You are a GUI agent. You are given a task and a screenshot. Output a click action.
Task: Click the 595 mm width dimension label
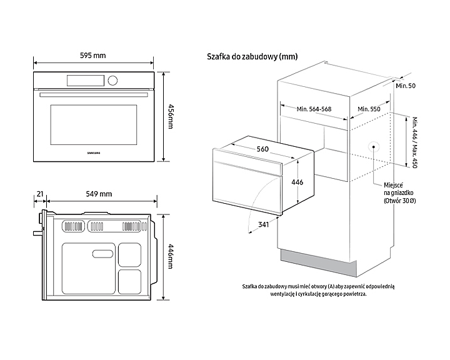click(x=93, y=56)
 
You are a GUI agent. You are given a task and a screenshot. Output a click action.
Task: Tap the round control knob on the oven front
click(x=112, y=80)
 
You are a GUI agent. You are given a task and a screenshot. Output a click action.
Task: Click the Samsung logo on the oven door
click(x=93, y=152)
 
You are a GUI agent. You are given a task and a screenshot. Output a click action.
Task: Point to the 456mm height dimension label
click(x=170, y=116)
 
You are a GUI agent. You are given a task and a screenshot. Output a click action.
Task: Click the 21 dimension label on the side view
click(x=40, y=194)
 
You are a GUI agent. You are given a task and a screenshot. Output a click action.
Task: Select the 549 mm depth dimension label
click(x=99, y=194)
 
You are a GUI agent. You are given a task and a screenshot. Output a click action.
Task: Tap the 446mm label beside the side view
click(x=170, y=258)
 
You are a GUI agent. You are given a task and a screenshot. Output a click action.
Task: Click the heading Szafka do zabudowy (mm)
click(x=252, y=56)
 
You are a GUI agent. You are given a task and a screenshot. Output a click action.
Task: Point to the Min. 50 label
click(x=406, y=85)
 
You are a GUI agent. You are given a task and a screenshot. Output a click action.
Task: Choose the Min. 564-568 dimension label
click(x=314, y=109)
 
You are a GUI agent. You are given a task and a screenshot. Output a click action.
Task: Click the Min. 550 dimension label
click(x=369, y=109)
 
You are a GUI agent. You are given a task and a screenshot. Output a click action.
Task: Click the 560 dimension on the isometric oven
click(x=262, y=149)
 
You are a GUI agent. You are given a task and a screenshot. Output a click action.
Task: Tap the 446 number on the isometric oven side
click(x=297, y=182)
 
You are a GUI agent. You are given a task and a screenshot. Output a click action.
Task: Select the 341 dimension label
click(x=264, y=224)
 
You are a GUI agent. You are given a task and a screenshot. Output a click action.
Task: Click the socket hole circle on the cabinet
click(x=374, y=147)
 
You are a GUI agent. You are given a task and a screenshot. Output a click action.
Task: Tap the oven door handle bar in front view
click(x=93, y=95)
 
